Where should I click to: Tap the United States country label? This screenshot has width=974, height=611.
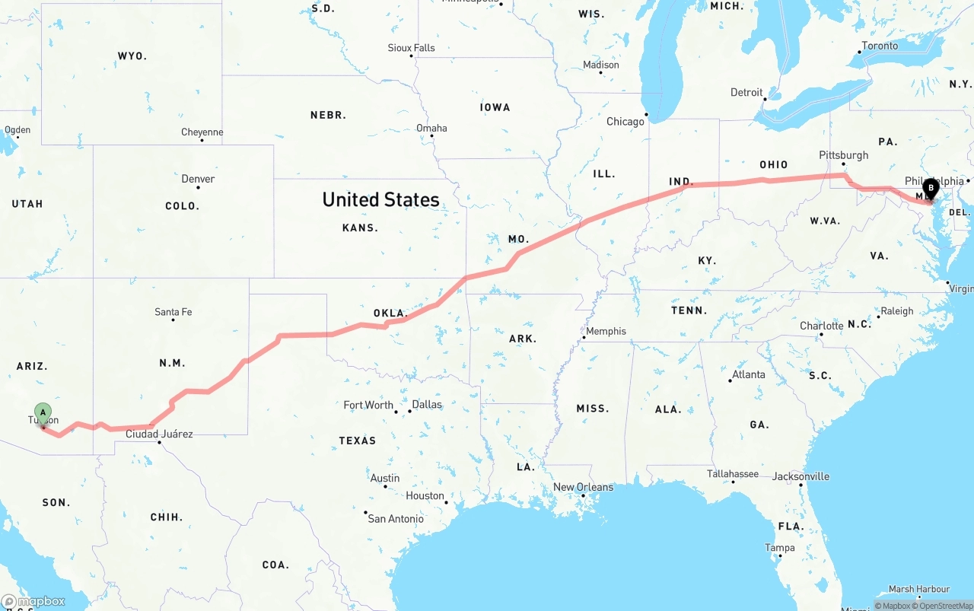click(380, 199)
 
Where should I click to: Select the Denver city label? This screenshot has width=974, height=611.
click(198, 179)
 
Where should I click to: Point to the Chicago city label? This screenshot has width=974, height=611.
click(625, 122)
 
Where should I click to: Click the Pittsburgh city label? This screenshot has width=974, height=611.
click(843, 155)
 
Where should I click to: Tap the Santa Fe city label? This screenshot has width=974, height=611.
click(173, 312)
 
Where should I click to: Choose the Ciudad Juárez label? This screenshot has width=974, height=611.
click(159, 434)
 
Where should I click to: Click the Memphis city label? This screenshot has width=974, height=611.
click(606, 331)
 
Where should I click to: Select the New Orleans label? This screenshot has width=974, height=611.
click(583, 487)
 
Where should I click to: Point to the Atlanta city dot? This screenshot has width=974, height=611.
click(730, 380)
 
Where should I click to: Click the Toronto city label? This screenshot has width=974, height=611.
click(880, 46)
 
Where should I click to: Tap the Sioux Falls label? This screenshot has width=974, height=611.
click(412, 48)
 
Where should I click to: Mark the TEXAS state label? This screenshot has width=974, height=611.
click(358, 441)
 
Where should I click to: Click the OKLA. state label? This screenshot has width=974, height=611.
click(390, 313)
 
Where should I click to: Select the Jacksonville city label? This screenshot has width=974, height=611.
click(801, 476)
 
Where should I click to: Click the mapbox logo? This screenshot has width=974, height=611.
click(33, 601)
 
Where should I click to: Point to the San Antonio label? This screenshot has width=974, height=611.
click(396, 519)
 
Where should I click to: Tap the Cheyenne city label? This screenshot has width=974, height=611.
click(202, 132)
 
